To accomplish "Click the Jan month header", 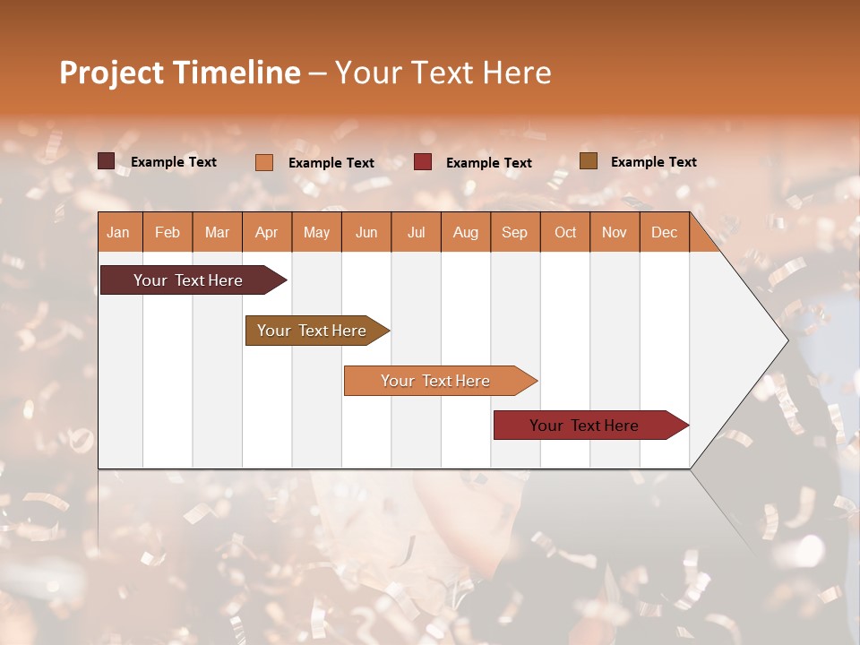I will [118, 232].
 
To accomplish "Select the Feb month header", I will [168, 232].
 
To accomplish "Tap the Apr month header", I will [266, 232].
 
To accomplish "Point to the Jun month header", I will [366, 232].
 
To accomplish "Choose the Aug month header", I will [465, 232].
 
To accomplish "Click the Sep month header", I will [514, 232].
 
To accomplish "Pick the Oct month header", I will [565, 232].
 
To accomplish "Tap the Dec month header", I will [664, 232].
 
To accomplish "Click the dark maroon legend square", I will [107, 161].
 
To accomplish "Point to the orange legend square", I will [264, 162].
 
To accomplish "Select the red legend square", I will [423, 162].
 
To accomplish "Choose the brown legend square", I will [589, 161].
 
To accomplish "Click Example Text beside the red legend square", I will [488, 162].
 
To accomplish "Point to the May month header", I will [316, 232].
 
